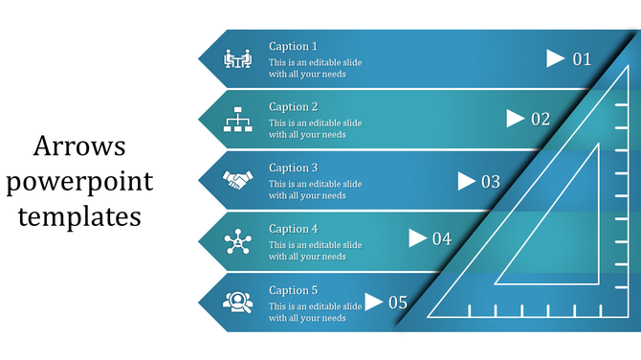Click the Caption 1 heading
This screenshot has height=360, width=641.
(293, 46)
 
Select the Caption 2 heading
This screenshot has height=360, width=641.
(293, 107)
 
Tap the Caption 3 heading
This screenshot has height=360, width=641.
(293, 169)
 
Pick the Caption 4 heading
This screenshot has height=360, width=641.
(293, 230)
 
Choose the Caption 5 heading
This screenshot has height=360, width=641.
(293, 290)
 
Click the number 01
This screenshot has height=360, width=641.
(582, 59)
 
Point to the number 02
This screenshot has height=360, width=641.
(541, 120)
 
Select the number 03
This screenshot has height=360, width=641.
(490, 181)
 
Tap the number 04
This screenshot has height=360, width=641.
(441, 239)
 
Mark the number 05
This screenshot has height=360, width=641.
(397, 303)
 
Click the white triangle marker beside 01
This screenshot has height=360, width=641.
(555, 58)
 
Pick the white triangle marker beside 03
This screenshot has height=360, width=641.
(467, 181)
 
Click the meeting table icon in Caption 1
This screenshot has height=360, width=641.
(236, 59)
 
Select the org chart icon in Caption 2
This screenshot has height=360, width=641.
(236, 120)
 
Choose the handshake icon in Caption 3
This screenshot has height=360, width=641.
(236, 180)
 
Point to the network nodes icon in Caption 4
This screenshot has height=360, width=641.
(236, 241)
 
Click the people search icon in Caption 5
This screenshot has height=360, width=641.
(236, 302)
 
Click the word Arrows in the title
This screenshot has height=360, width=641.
(79, 147)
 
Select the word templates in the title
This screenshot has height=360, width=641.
(79, 216)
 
